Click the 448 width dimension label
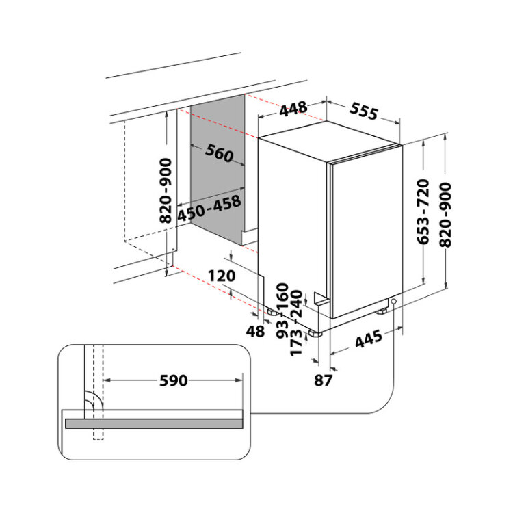pyautogui.click(x=293, y=109)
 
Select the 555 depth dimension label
pyautogui.click(x=364, y=111)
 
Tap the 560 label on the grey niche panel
pyautogui.click(x=219, y=153)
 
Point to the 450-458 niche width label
pyautogui.click(x=209, y=208)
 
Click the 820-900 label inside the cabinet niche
pyautogui.click(x=166, y=190)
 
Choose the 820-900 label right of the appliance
pyautogui.click(x=445, y=215)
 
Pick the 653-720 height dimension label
pyautogui.click(x=423, y=211)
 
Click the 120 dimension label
pyautogui.click(x=222, y=276)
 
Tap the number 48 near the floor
pyautogui.click(x=255, y=331)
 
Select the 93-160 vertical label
pyautogui.click(x=282, y=311)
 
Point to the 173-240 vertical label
pyautogui.click(x=297, y=323)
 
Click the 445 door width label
pyautogui.click(x=369, y=339)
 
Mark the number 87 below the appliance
pyautogui.click(x=323, y=380)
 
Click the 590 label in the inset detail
pyautogui.click(x=174, y=380)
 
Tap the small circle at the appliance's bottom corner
pyautogui.click(x=393, y=301)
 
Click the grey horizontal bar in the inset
pyautogui.click(x=154, y=423)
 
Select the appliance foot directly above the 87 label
pyautogui.click(x=315, y=333)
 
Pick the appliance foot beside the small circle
pyautogui.click(x=381, y=311)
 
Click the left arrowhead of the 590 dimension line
pyautogui.click(x=106, y=380)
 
